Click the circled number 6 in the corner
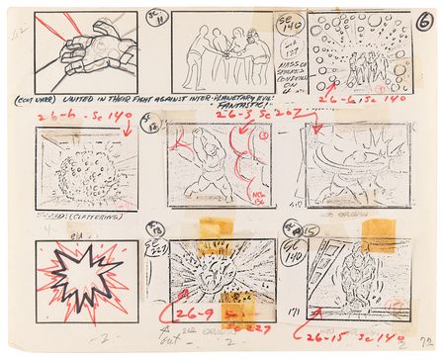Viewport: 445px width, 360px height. coord(423,21)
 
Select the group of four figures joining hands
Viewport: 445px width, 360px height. coord(225,47)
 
